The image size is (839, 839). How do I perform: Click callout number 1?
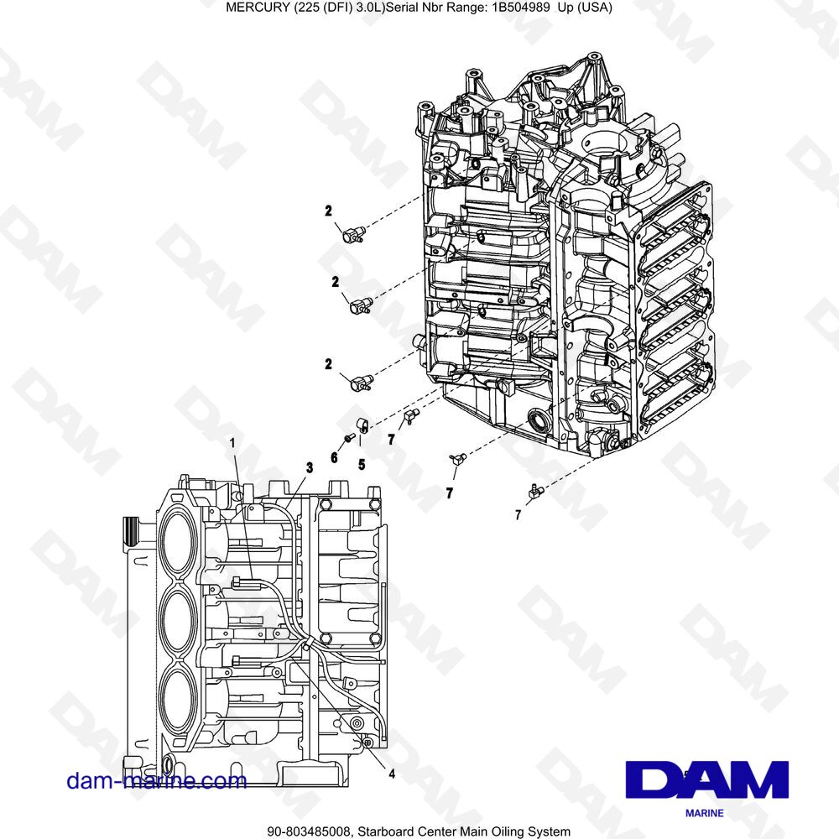(232, 442)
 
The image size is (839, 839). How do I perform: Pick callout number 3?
(310, 467)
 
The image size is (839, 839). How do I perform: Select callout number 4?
(392, 774)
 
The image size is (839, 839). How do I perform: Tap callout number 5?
(362, 465)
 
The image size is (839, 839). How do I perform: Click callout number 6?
(335, 457)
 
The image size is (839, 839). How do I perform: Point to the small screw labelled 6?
(347, 439)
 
